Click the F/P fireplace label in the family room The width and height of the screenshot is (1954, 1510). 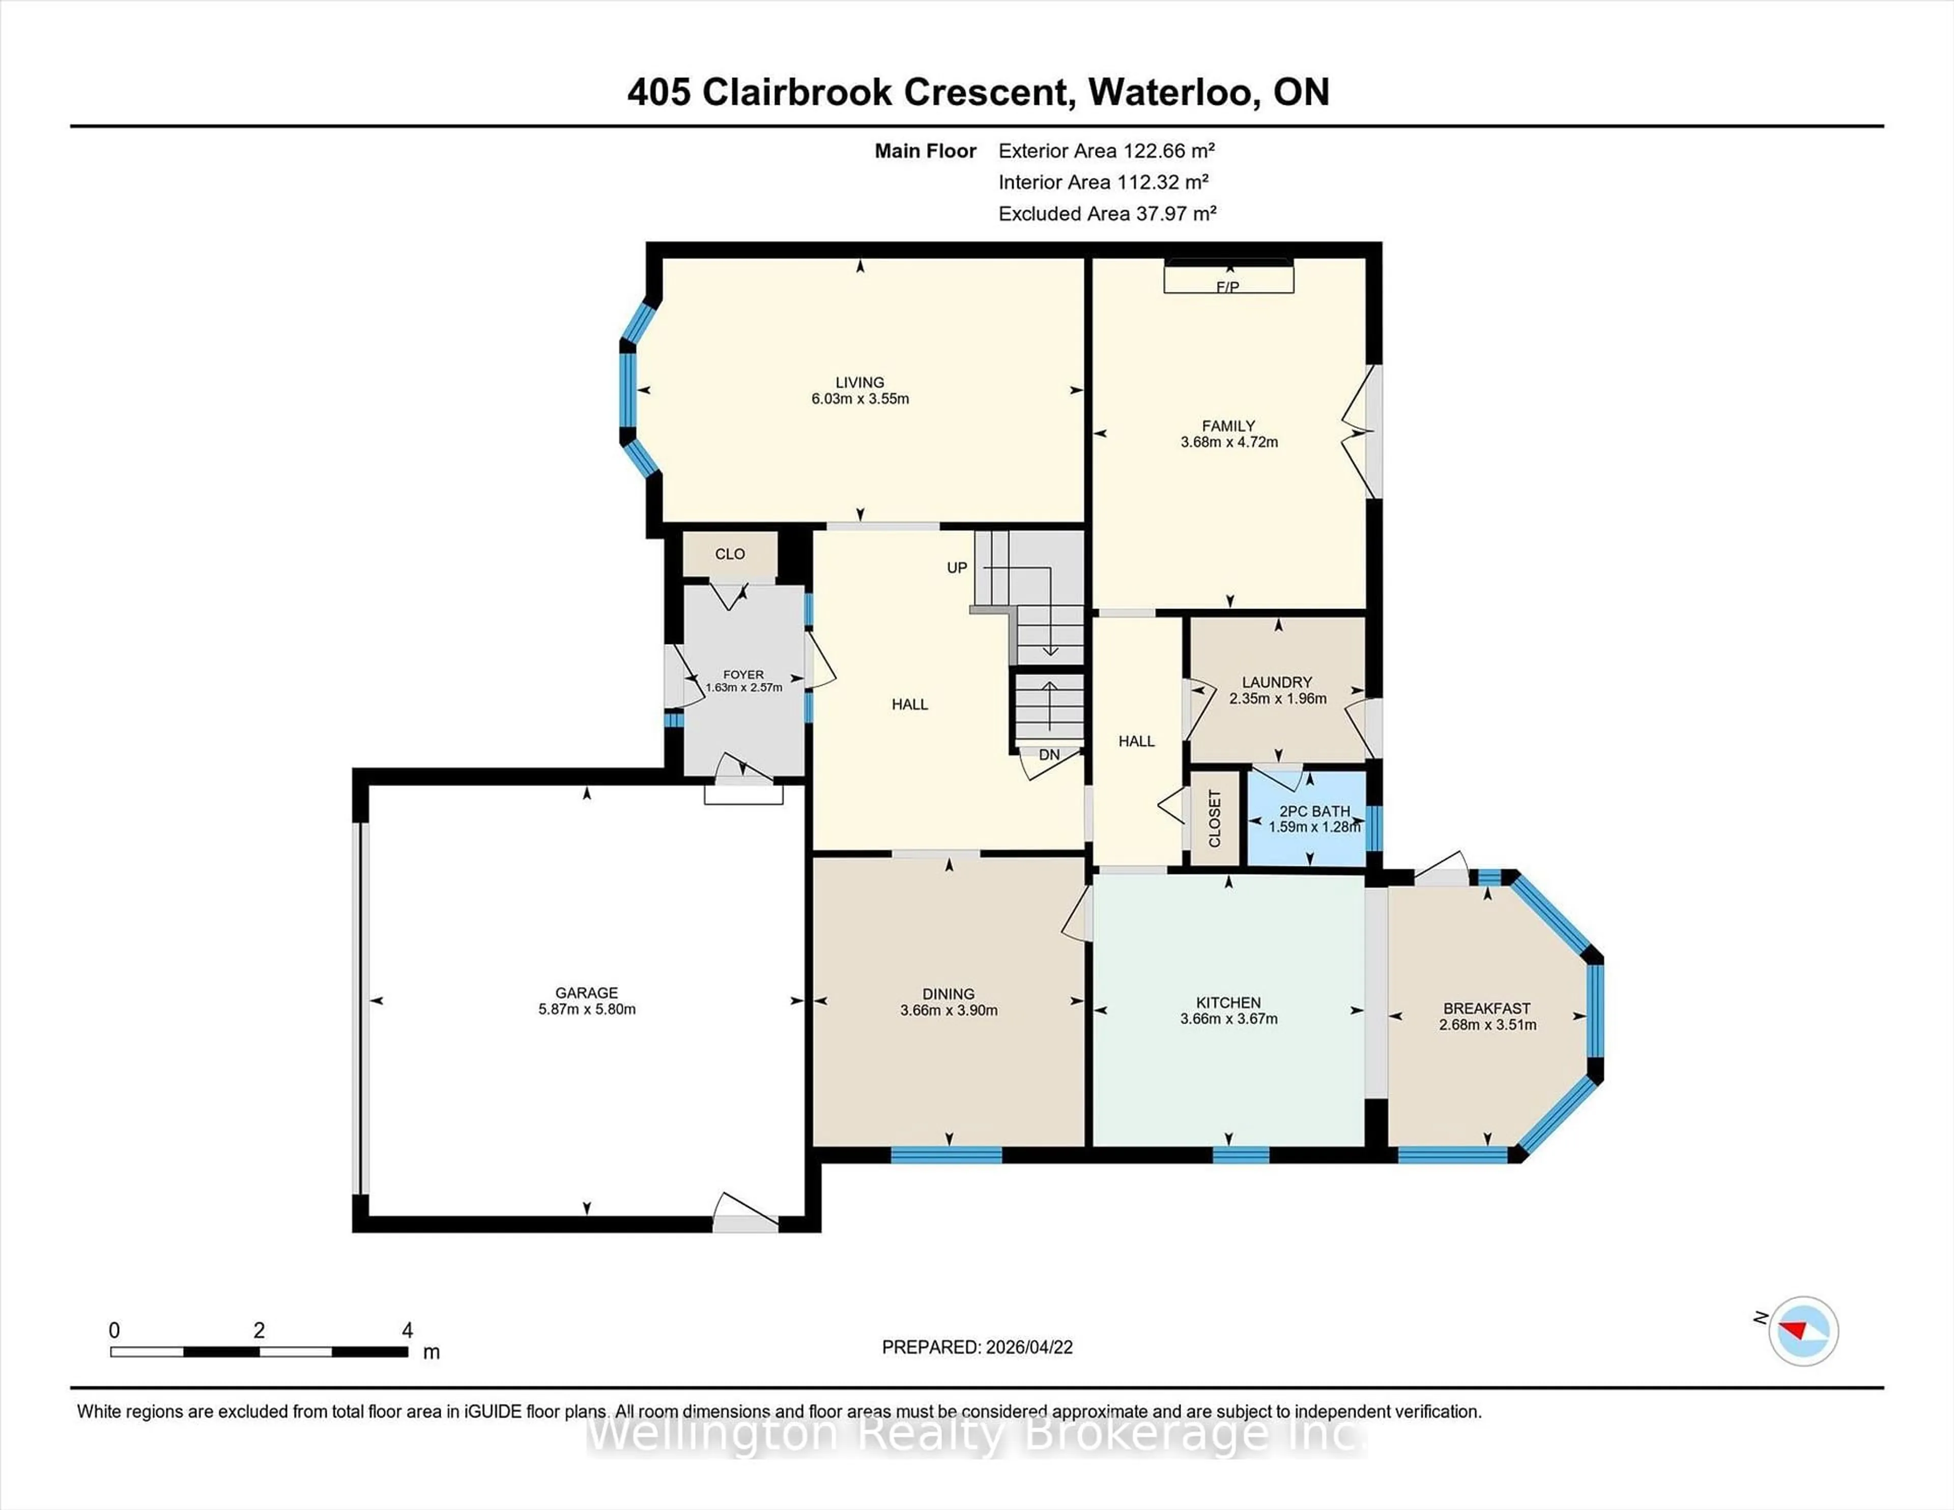(x=1227, y=287)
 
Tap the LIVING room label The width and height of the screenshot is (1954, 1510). (x=860, y=382)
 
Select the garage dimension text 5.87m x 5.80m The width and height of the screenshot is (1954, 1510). (x=587, y=1009)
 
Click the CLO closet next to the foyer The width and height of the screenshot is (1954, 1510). (x=730, y=554)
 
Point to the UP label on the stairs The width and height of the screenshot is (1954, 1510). (x=957, y=568)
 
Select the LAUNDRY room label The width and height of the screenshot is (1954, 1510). (x=1277, y=682)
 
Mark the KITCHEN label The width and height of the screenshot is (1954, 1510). (x=1228, y=1003)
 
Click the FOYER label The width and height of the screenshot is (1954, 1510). (x=743, y=675)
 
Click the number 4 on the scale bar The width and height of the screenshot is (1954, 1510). (x=407, y=1330)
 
